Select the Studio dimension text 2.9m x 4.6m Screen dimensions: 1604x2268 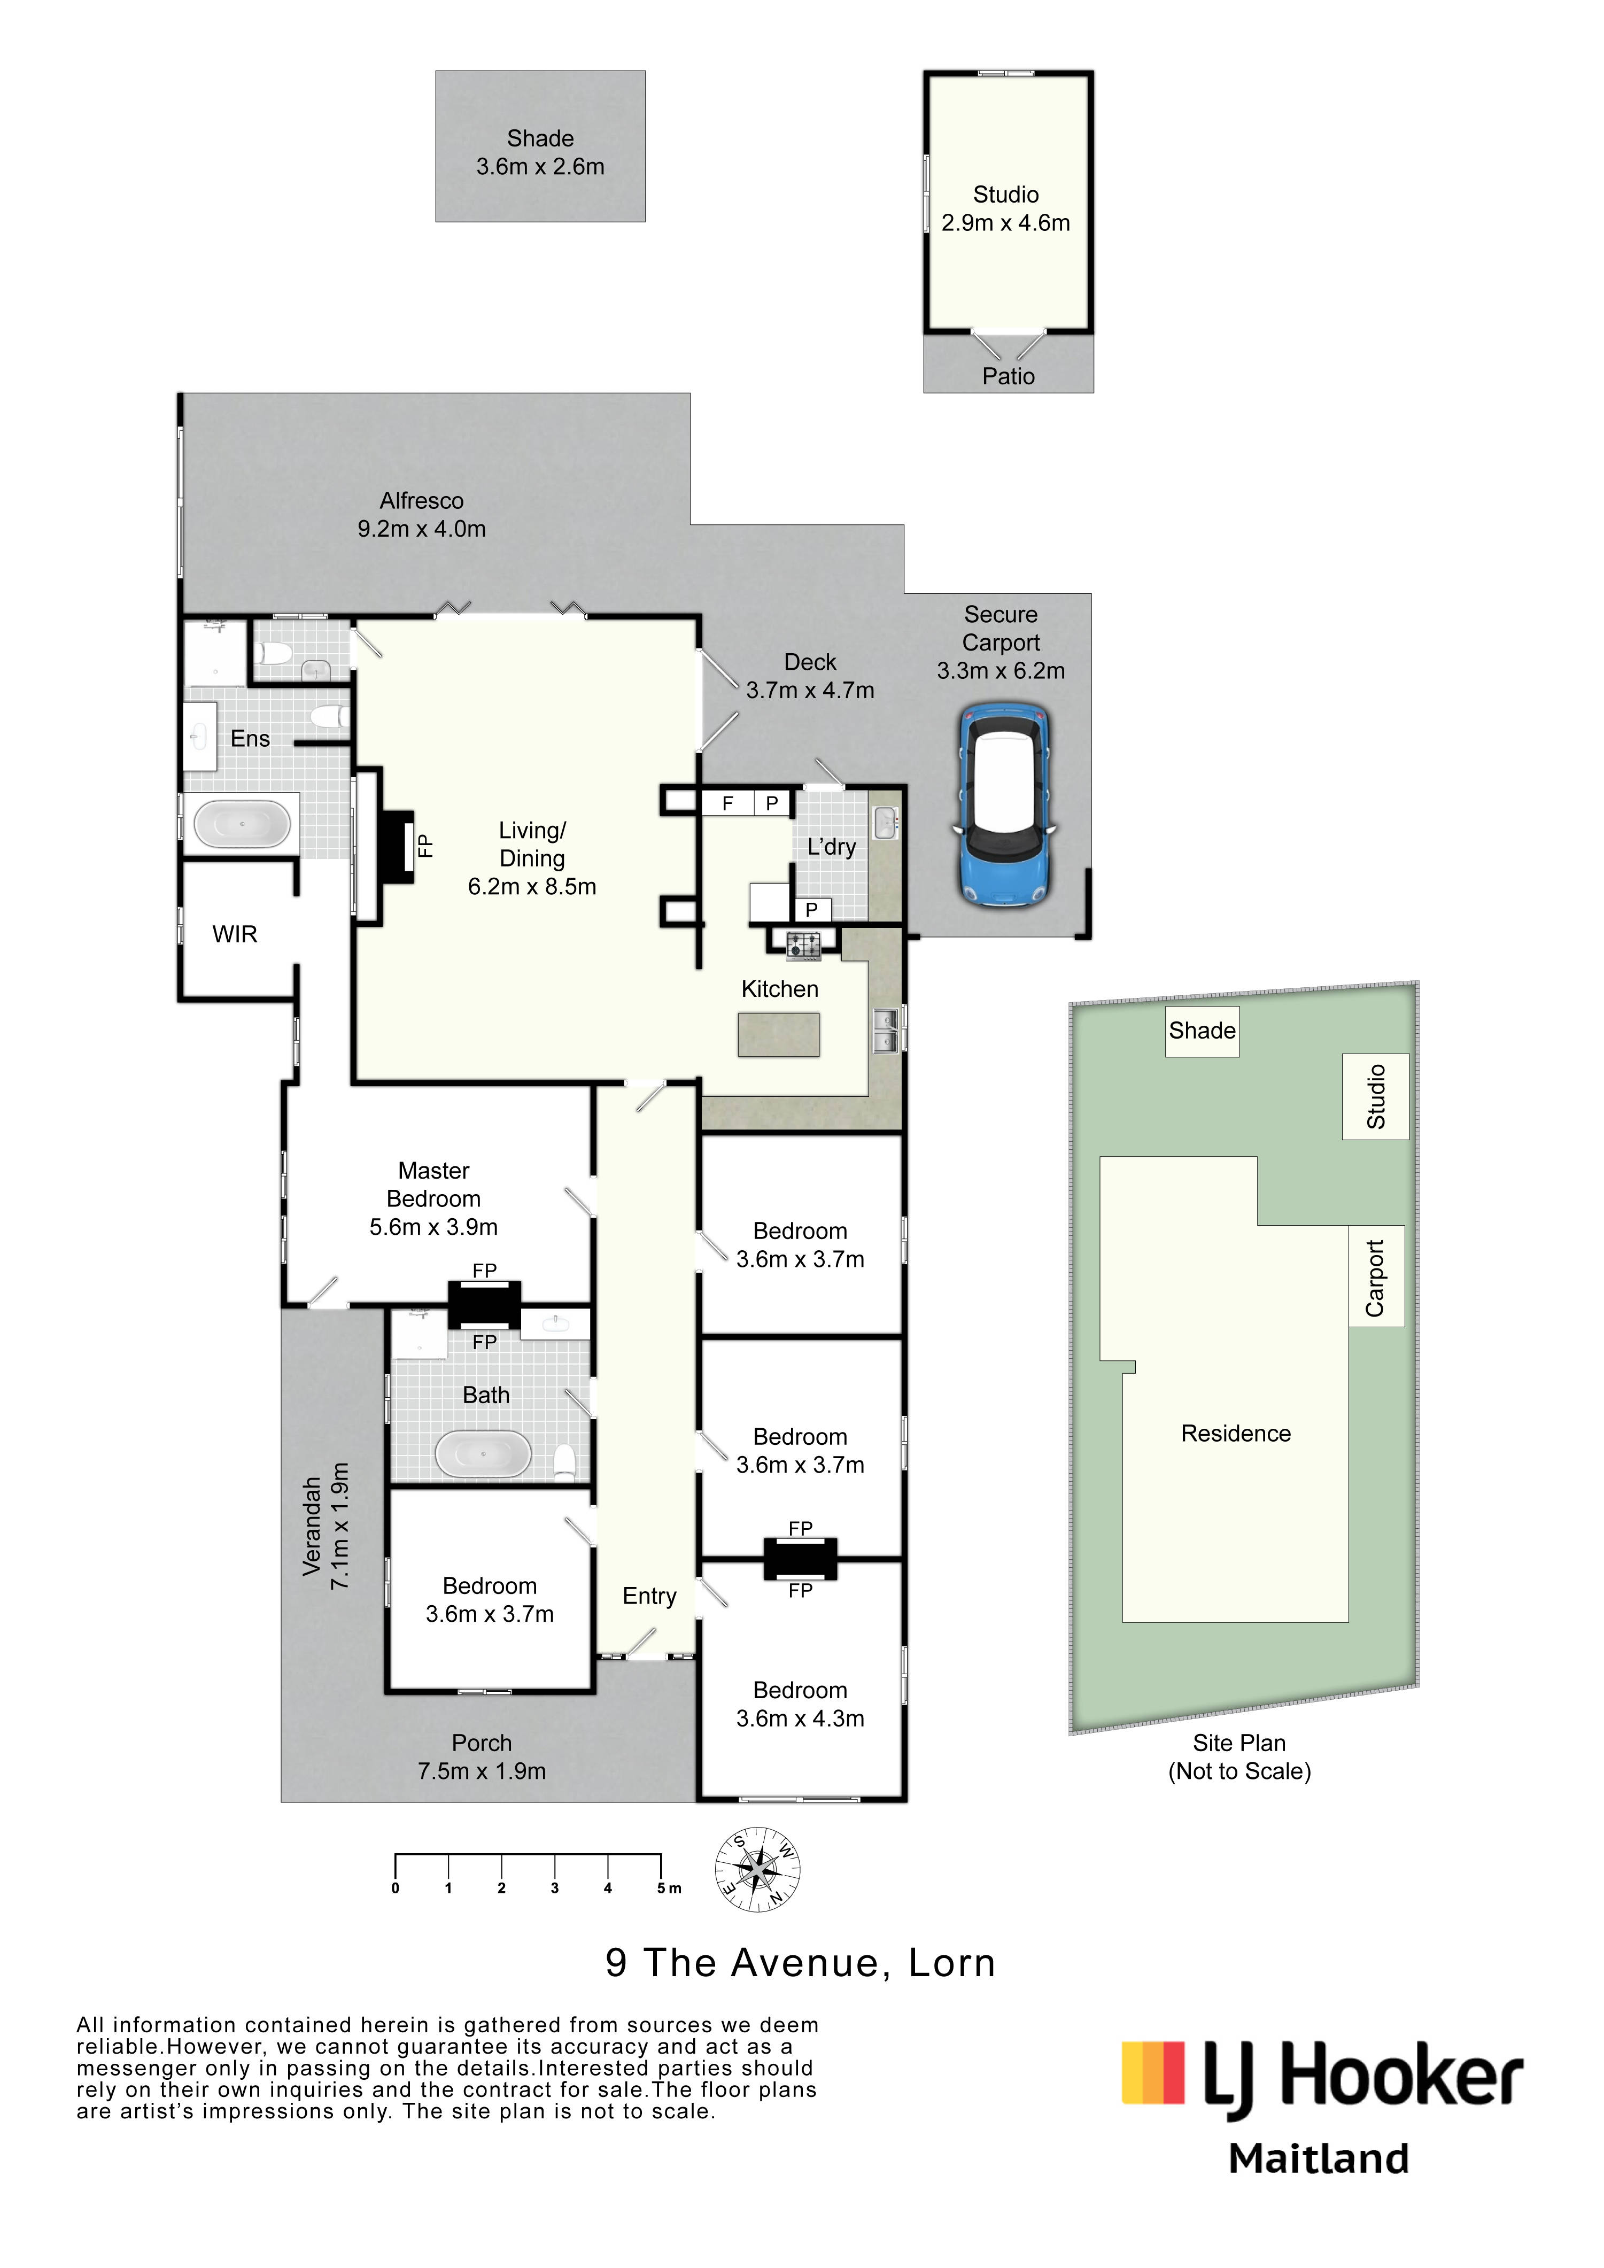coord(1005,223)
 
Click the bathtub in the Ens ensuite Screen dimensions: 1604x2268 coord(242,822)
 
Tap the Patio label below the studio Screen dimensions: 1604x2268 coord(1009,376)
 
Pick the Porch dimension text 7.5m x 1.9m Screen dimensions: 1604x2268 coord(482,1771)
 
